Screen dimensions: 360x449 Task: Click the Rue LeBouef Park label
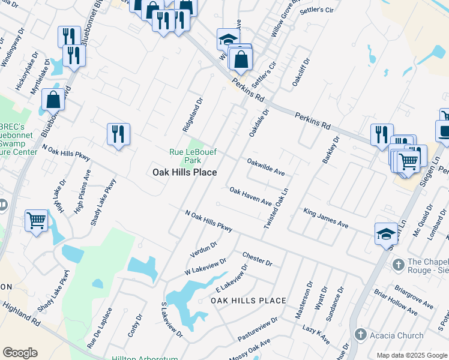tap(184, 156)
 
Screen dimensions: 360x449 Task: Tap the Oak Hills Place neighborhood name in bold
tap(184, 172)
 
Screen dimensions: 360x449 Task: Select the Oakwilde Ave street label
tap(266, 166)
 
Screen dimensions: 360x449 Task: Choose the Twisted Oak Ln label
tap(277, 208)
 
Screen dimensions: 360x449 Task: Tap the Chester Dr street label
tap(258, 259)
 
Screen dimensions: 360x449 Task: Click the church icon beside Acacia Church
tap(361, 334)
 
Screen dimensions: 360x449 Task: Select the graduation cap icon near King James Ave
tap(386, 233)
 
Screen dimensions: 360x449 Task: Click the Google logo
tap(20, 353)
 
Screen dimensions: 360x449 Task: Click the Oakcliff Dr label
tap(301, 73)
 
